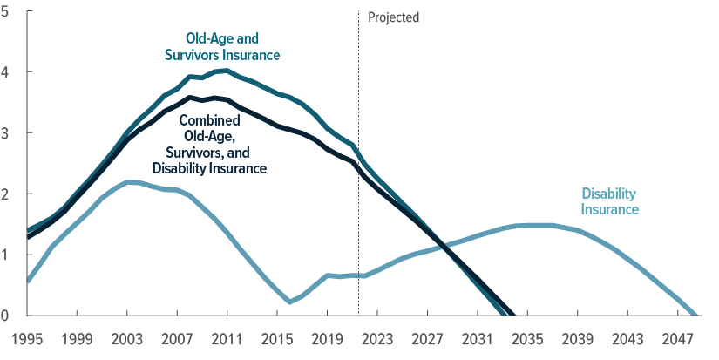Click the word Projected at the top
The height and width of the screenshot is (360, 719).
coord(394,17)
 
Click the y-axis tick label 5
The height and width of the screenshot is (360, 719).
coord(8,11)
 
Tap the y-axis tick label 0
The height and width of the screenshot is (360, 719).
coord(8,316)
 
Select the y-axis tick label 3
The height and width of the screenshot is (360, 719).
coord(8,133)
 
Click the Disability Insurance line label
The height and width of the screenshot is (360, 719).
coord(610,201)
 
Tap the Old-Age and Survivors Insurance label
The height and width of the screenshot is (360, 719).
coord(222,47)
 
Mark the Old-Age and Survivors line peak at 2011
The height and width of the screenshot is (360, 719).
coord(226,70)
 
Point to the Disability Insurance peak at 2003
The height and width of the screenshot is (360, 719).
coord(129,181)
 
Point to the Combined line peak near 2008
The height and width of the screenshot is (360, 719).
coord(190,98)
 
